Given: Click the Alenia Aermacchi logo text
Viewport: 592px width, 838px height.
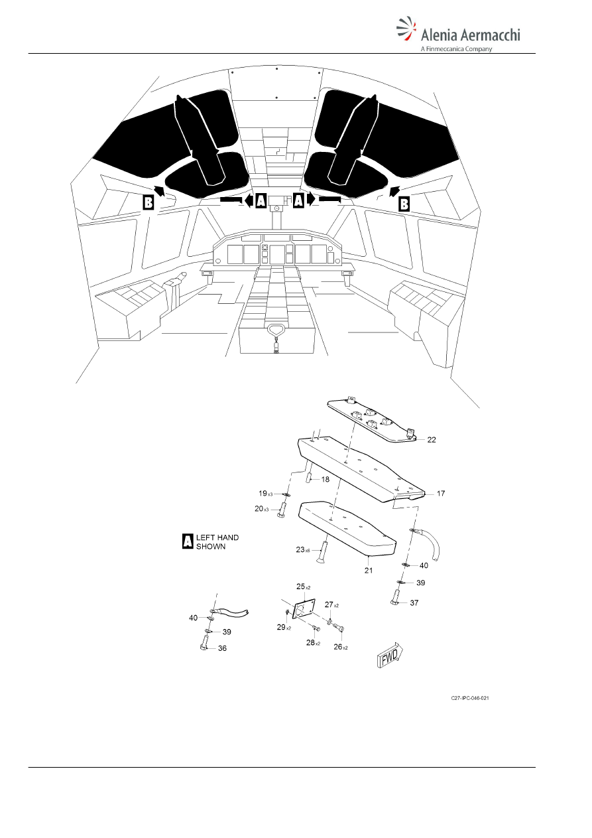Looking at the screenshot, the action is (x=471, y=35).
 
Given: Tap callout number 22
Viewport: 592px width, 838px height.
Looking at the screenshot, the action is (x=432, y=440).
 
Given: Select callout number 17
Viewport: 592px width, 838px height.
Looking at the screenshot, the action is (x=441, y=494).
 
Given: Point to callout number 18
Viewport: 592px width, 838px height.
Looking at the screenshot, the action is (x=325, y=479).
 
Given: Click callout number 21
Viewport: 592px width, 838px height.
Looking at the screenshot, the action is (x=369, y=571).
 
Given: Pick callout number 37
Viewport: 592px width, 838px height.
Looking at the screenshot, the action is (x=414, y=602).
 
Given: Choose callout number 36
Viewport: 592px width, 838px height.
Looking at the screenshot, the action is (x=222, y=648).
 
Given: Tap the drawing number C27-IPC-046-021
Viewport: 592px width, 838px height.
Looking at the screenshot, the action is (x=470, y=698).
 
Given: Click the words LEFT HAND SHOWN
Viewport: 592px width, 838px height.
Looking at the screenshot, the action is (x=217, y=541).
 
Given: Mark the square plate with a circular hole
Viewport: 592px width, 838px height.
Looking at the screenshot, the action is (x=303, y=610).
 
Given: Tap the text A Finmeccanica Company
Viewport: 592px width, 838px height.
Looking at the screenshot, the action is (x=456, y=49).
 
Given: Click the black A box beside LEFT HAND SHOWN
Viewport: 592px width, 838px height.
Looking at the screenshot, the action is (x=187, y=541).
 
